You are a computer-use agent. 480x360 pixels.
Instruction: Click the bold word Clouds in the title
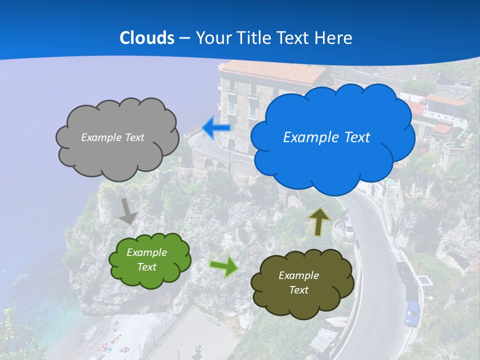147,37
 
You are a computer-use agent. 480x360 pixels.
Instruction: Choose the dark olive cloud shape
302,295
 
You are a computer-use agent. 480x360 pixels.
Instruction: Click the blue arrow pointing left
216,127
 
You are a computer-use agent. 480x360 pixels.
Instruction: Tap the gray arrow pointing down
128,210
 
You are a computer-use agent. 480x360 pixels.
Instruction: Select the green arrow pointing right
224,266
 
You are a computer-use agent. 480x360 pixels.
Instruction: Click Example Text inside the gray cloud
112,137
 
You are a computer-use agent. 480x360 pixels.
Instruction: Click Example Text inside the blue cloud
326,137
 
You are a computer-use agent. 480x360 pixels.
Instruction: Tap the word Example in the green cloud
146,252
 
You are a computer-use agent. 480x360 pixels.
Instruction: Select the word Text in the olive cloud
298,290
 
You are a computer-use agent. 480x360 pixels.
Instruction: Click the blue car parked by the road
412,313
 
